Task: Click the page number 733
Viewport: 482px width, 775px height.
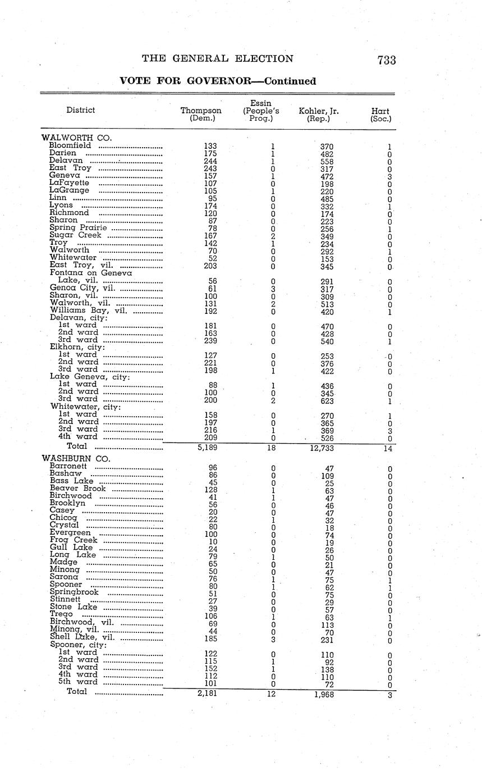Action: click(387, 60)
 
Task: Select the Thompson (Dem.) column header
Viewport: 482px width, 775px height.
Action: click(201, 115)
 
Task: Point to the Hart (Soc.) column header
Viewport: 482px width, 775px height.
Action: click(381, 115)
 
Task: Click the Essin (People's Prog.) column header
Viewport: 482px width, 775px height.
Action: click(261, 111)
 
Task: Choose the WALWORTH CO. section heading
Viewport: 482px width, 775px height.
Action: click(77, 138)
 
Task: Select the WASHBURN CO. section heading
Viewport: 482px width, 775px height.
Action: click(76, 458)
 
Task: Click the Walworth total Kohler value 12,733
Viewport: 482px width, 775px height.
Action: click(319, 448)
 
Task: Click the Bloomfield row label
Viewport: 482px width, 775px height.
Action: click(70, 145)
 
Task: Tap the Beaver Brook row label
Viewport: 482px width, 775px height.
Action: click(78, 489)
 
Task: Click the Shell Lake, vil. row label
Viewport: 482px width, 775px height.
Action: click(82, 637)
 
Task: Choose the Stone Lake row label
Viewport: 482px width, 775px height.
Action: click(74, 607)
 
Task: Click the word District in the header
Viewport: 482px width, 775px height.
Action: click(80, 110)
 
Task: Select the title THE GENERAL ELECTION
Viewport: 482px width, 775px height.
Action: click(217, 59)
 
